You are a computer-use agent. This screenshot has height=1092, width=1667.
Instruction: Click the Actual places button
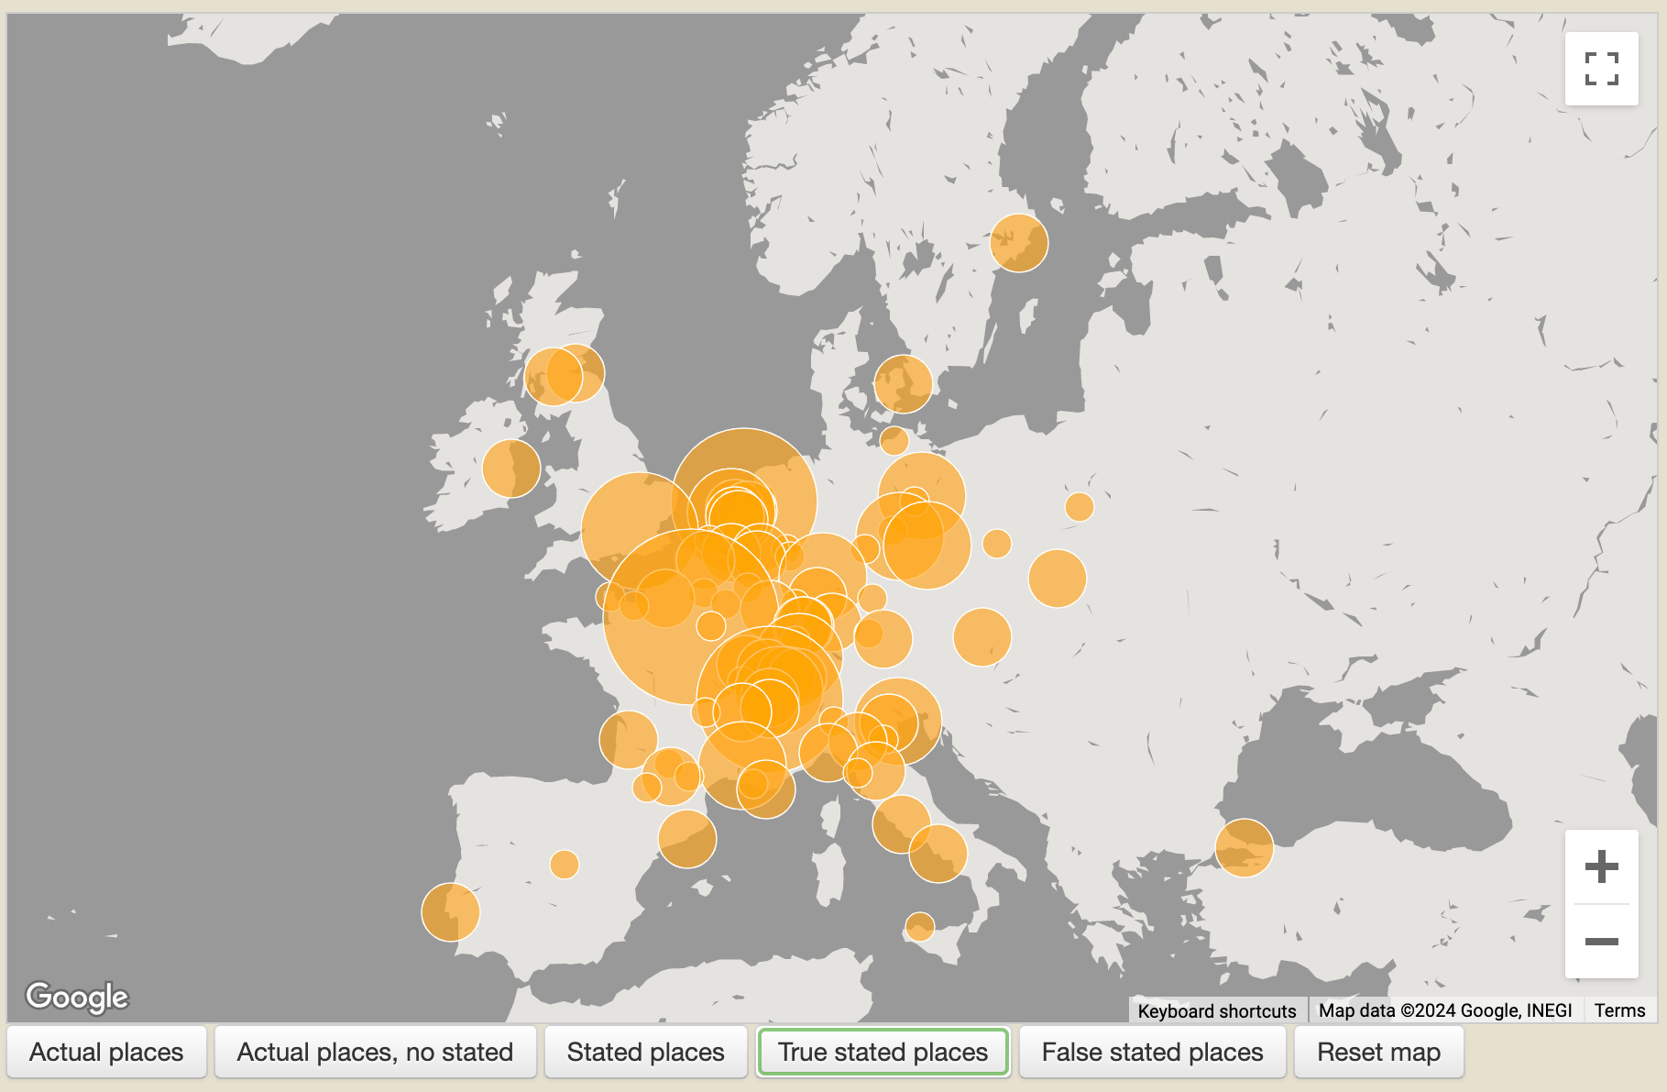(x=106, y=1052)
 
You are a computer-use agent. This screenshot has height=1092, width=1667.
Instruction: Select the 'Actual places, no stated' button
(x=375, y=1052)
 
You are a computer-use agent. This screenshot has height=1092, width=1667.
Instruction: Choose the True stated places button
(x=883, y=1052)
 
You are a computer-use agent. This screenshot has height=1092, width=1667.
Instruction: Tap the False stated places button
(x=1152, y=1052)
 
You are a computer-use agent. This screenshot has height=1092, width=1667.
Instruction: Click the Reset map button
(x=1378, y=1052)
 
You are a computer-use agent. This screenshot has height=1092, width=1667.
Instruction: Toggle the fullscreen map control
(x=1601, y=69)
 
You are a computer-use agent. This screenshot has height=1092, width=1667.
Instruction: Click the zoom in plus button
(x=1601, y=866)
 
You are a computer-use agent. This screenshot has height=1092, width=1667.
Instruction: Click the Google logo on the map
(x=77, y=997)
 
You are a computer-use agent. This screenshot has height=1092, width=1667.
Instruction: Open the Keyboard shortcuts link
(x=1216, y=1010)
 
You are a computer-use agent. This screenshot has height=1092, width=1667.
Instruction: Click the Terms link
(x=1619, y=1010)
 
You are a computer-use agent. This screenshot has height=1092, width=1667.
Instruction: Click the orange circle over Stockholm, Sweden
(x=1019, y=243)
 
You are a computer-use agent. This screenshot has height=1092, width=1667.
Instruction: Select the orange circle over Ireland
(x=510, y=469)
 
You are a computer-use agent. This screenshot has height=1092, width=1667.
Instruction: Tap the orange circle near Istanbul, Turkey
(x=1244, y=847)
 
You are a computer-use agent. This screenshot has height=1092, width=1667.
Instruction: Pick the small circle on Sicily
(x=919, y=926)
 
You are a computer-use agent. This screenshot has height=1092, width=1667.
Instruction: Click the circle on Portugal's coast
(x=450, y=911)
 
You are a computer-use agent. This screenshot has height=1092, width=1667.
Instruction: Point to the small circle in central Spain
(x=565, y=864)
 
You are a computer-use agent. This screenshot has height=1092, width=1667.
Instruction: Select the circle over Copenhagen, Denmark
(x=903, y=384)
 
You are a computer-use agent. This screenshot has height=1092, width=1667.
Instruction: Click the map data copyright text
(x=1445, y=1010)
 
